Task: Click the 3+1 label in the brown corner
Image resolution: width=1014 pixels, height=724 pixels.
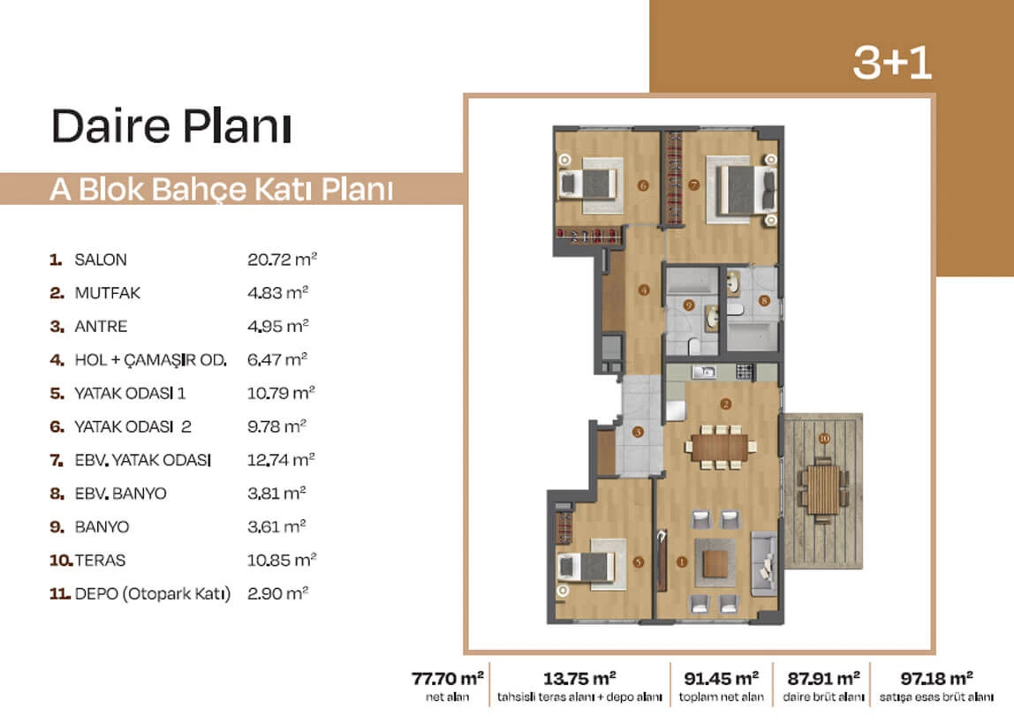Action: click(x=892, y=63)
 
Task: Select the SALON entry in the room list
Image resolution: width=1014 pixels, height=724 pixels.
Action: click(x=100, y=260)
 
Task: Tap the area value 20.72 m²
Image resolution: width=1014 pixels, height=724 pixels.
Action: click(x=282, y=260)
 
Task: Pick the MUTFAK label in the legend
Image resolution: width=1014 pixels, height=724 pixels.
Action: click(x=108, y=293)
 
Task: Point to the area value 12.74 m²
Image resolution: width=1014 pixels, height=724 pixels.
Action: click(x=281, y=460)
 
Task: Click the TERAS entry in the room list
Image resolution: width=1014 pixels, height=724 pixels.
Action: click(x=100, y=561)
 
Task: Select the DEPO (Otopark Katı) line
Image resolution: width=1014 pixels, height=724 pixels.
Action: click(x=153, y=593)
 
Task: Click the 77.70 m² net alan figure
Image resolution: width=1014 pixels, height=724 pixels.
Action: click(x=448, y=679)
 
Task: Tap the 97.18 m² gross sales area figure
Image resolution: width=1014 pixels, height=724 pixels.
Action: click(x=936, y=679)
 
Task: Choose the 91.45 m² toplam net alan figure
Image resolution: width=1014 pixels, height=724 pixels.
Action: click(x=721, y=679)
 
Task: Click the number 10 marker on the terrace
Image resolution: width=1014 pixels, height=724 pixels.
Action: click(x=824, y=438)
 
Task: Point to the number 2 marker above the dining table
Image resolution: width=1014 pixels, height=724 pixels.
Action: click(x=725, y=404)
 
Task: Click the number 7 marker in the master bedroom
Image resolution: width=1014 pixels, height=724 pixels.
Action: click(x=694, y=185)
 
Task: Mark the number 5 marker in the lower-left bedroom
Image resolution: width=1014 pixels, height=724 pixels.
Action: click(x=639, y=562)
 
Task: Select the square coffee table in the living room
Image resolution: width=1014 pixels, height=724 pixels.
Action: click(x=715, y=563)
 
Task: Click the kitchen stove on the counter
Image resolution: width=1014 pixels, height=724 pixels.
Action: click(x=745, y=372)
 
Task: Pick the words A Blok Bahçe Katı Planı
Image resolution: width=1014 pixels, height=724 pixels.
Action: click(x=222, y=190)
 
